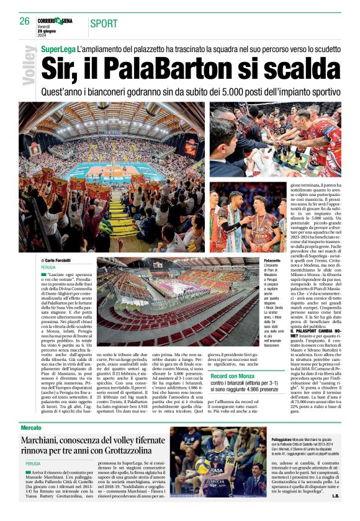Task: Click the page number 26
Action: pyautogui.click(x=24, y=21)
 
